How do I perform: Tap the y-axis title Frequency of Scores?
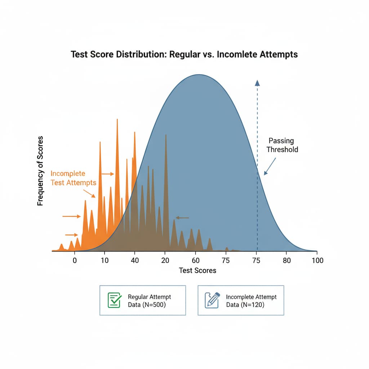click(40, 171)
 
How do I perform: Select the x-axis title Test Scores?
click(197, 270)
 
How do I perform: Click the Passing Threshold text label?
click(281, 145)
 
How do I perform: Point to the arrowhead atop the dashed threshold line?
click(257, 83)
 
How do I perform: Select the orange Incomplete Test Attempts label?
click(74, 178)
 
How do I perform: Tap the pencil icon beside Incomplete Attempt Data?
click(212, 300)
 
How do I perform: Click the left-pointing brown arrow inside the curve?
click(182, 218)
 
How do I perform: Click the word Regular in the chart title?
click(191, 54)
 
